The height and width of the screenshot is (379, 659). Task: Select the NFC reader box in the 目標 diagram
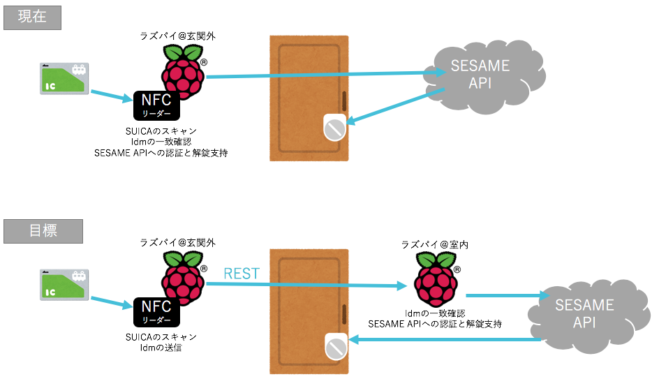[x=156, y=311]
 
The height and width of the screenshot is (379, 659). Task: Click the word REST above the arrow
[x=241, y=274]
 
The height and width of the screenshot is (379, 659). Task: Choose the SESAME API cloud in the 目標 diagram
[x=584, y=314]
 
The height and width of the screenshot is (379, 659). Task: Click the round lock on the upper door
[x=334, y=127]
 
